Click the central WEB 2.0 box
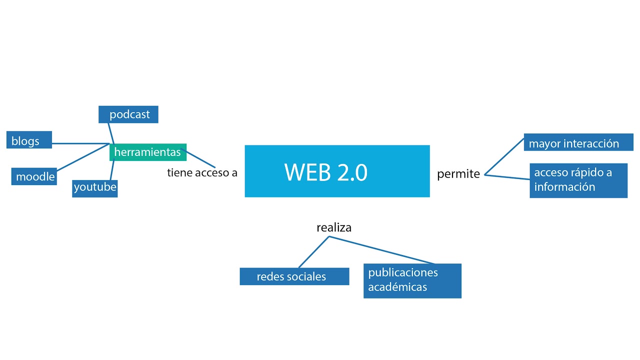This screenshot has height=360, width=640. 337,171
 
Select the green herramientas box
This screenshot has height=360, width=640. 148,152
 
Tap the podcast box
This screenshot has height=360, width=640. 128,114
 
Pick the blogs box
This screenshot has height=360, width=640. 29,140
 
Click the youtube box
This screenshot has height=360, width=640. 95,188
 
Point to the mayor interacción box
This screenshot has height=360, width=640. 574,143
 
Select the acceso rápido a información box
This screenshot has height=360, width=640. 578,180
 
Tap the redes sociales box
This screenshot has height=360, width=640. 294,276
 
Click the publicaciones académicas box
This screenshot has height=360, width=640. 412,280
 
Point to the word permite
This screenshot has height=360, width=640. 458,174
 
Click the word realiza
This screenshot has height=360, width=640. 334,227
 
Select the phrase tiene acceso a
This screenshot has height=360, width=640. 202,173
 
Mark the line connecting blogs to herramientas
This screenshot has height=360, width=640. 80,143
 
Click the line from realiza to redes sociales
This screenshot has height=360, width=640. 314,252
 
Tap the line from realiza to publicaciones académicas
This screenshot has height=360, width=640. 382,250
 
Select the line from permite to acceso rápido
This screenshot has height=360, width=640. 507,177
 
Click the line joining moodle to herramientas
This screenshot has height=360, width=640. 82,158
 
